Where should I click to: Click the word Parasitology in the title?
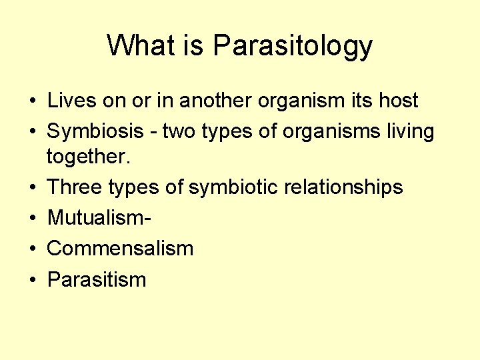coord(293,47)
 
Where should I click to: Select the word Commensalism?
coord(120,249)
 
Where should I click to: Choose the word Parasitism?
coord(97,279)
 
